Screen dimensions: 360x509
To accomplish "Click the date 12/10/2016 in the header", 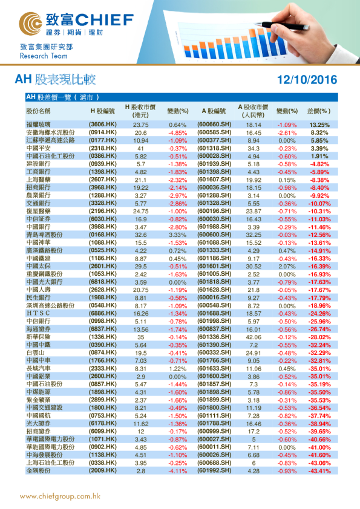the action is [x=306, y=79].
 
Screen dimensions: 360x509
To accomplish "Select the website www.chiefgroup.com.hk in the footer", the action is [x=60, y=497].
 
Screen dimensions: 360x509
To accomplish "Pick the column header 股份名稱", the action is [x=38, y=111].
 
